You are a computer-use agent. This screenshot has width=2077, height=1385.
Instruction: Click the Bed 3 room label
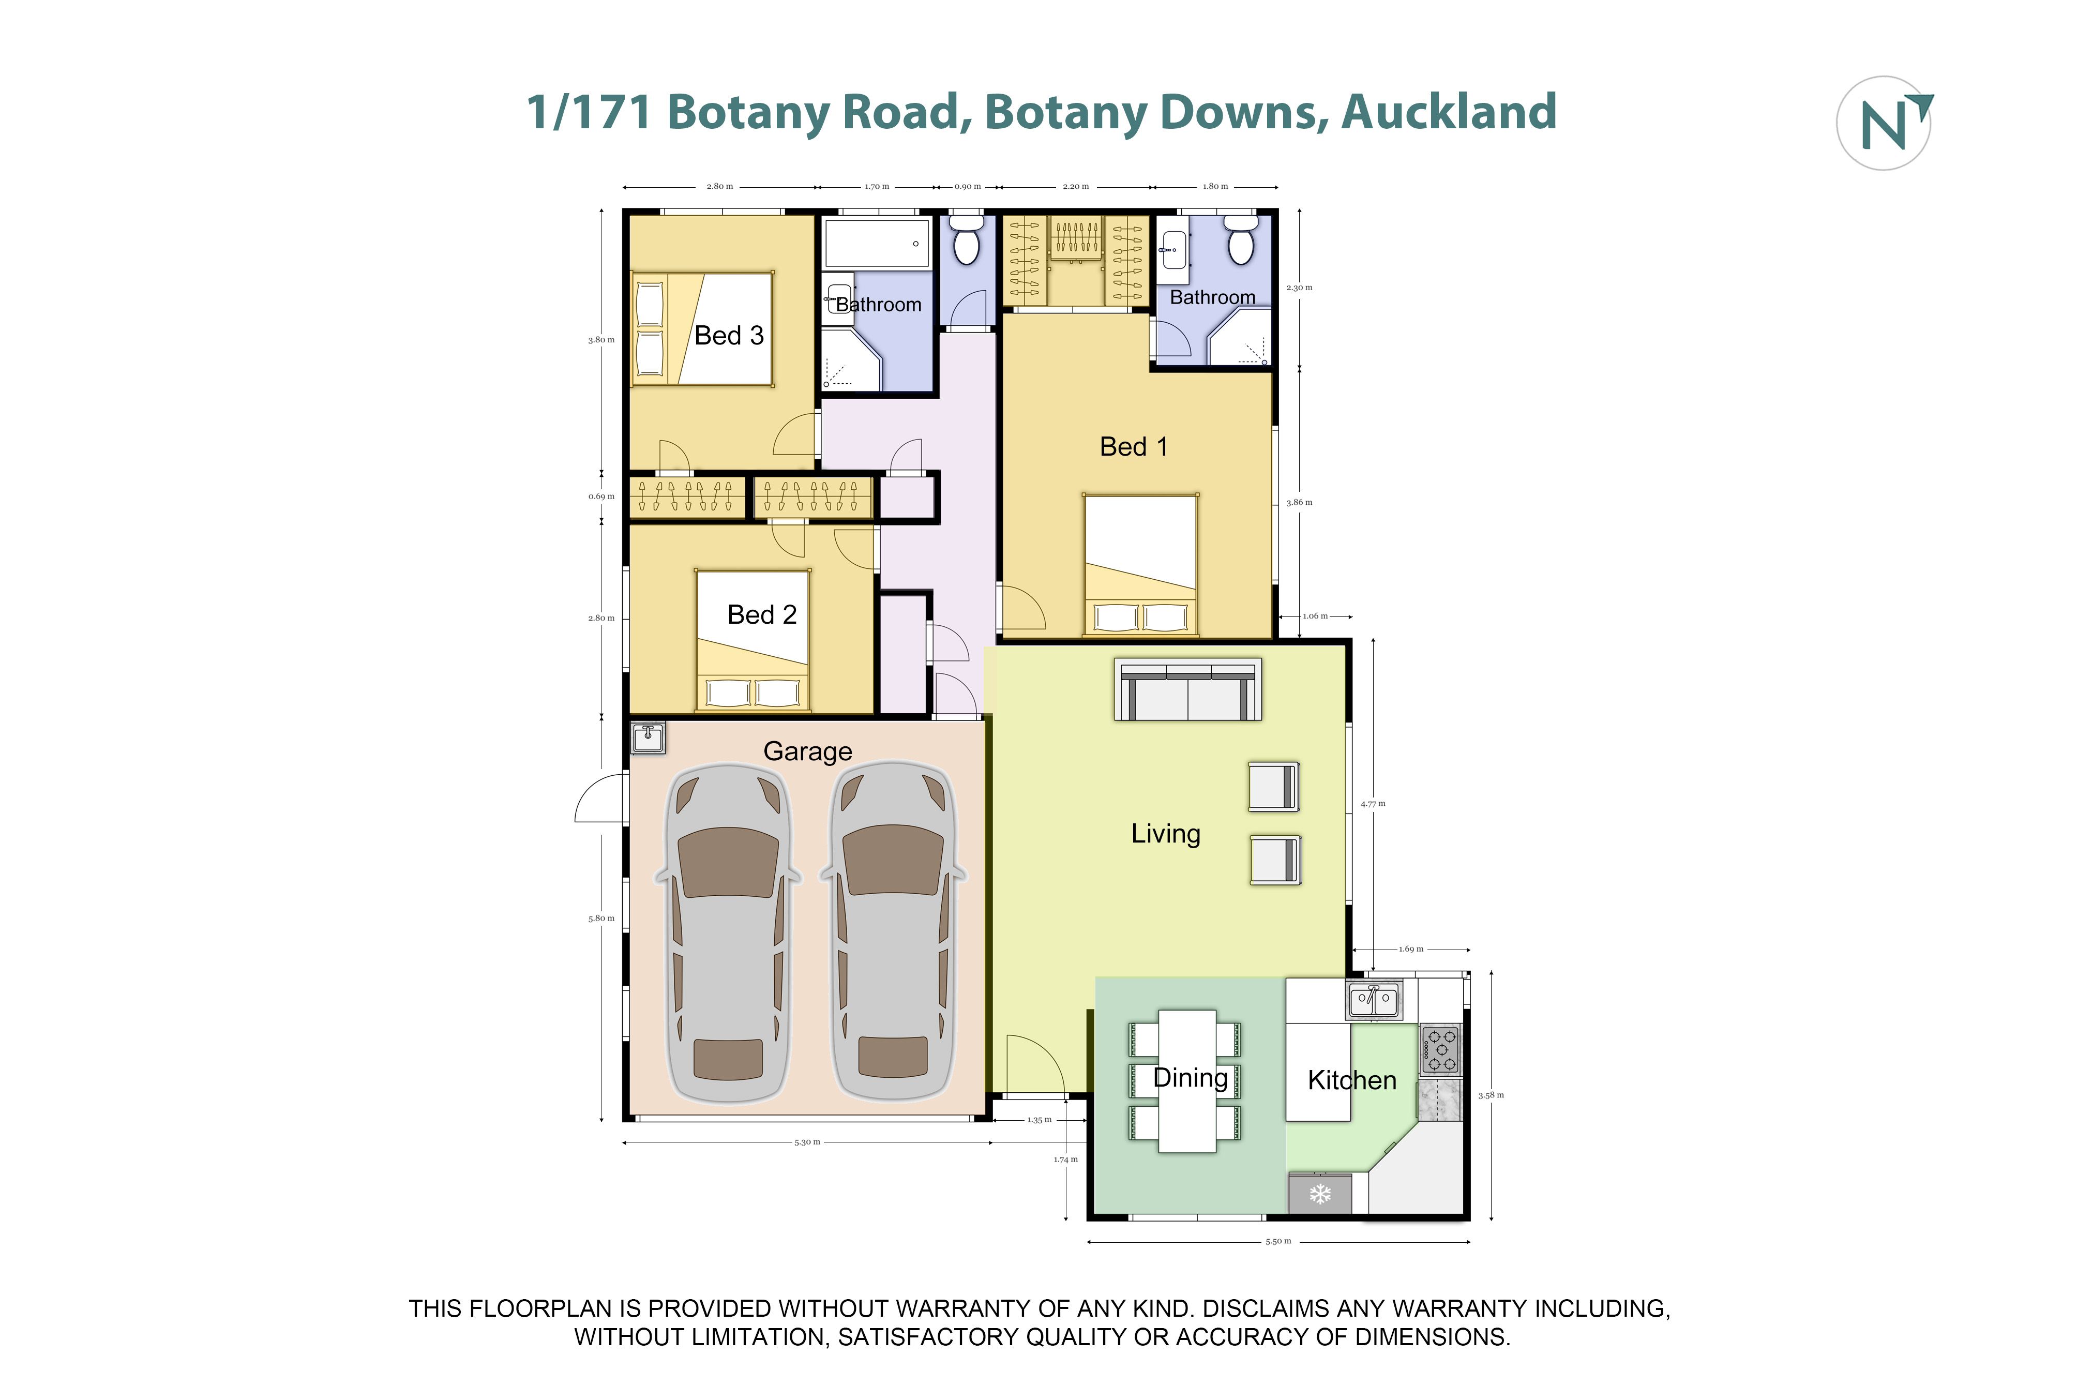(x=729, y=336)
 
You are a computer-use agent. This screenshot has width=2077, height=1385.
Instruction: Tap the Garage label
(x=807, y=751)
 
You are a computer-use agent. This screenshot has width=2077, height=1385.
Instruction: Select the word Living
(x=1166, y=834)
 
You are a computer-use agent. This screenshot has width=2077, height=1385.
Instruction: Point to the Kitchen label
(x=1351, y=1080)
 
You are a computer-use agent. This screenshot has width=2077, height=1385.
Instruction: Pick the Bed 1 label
(x=1133, y=447)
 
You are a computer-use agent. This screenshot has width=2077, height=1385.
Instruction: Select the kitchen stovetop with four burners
(x=1439, y=1049)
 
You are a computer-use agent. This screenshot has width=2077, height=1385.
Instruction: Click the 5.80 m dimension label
(x=601, y=919)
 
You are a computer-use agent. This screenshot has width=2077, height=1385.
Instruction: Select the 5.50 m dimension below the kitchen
(x=1278, y=1241)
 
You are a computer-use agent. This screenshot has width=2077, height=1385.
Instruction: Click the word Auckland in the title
(x=1448, y=112)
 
